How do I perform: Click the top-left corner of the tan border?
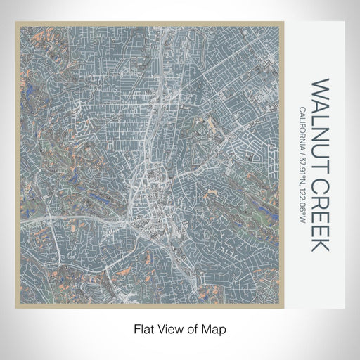pyautogui.click(x=16, y=22)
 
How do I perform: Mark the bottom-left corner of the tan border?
pyautogui.click(x=16, y=309)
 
